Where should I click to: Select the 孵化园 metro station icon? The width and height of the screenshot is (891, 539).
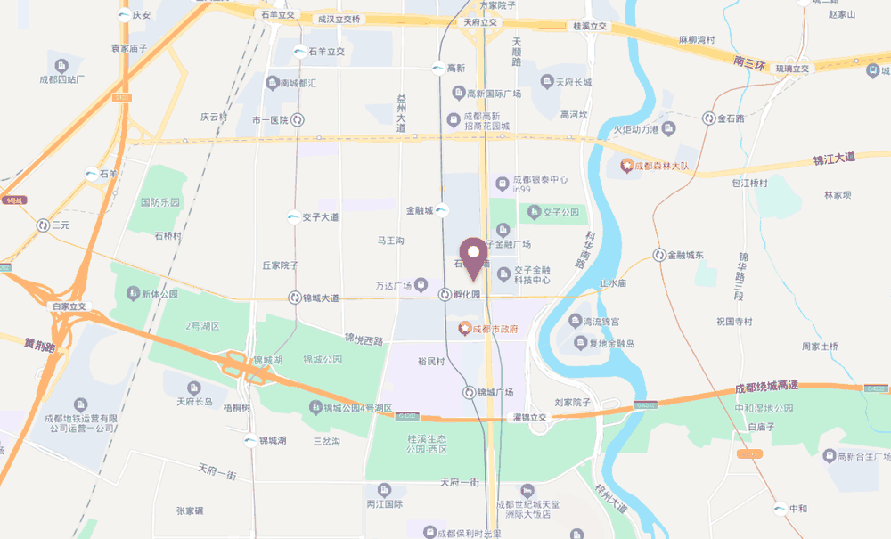(445, 295)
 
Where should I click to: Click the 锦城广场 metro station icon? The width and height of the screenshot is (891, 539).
(469, 392)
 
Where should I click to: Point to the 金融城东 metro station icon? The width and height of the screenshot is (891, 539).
(659, 256)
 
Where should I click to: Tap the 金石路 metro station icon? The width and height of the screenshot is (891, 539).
(710, 118)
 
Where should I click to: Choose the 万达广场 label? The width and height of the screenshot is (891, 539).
(393, 286)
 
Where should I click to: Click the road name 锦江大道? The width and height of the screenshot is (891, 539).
(834, 158)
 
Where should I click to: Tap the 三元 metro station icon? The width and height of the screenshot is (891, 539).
(43, 225)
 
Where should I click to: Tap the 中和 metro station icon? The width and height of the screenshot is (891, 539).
(780, 509)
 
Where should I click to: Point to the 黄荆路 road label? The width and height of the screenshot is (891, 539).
(40, 345)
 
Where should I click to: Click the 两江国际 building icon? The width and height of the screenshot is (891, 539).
(384, 489)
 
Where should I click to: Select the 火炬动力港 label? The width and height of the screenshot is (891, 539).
(635, 131)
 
